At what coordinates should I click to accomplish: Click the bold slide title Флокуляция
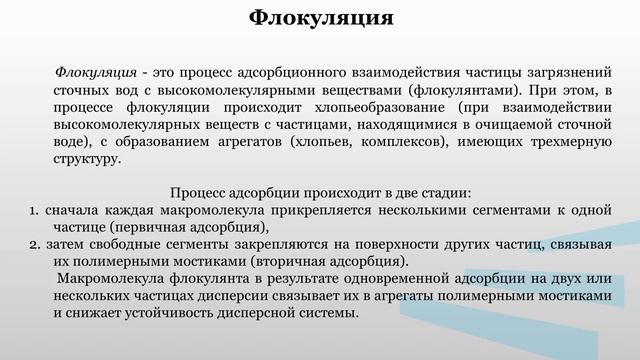pyautogui.click(x=320, y=17)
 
